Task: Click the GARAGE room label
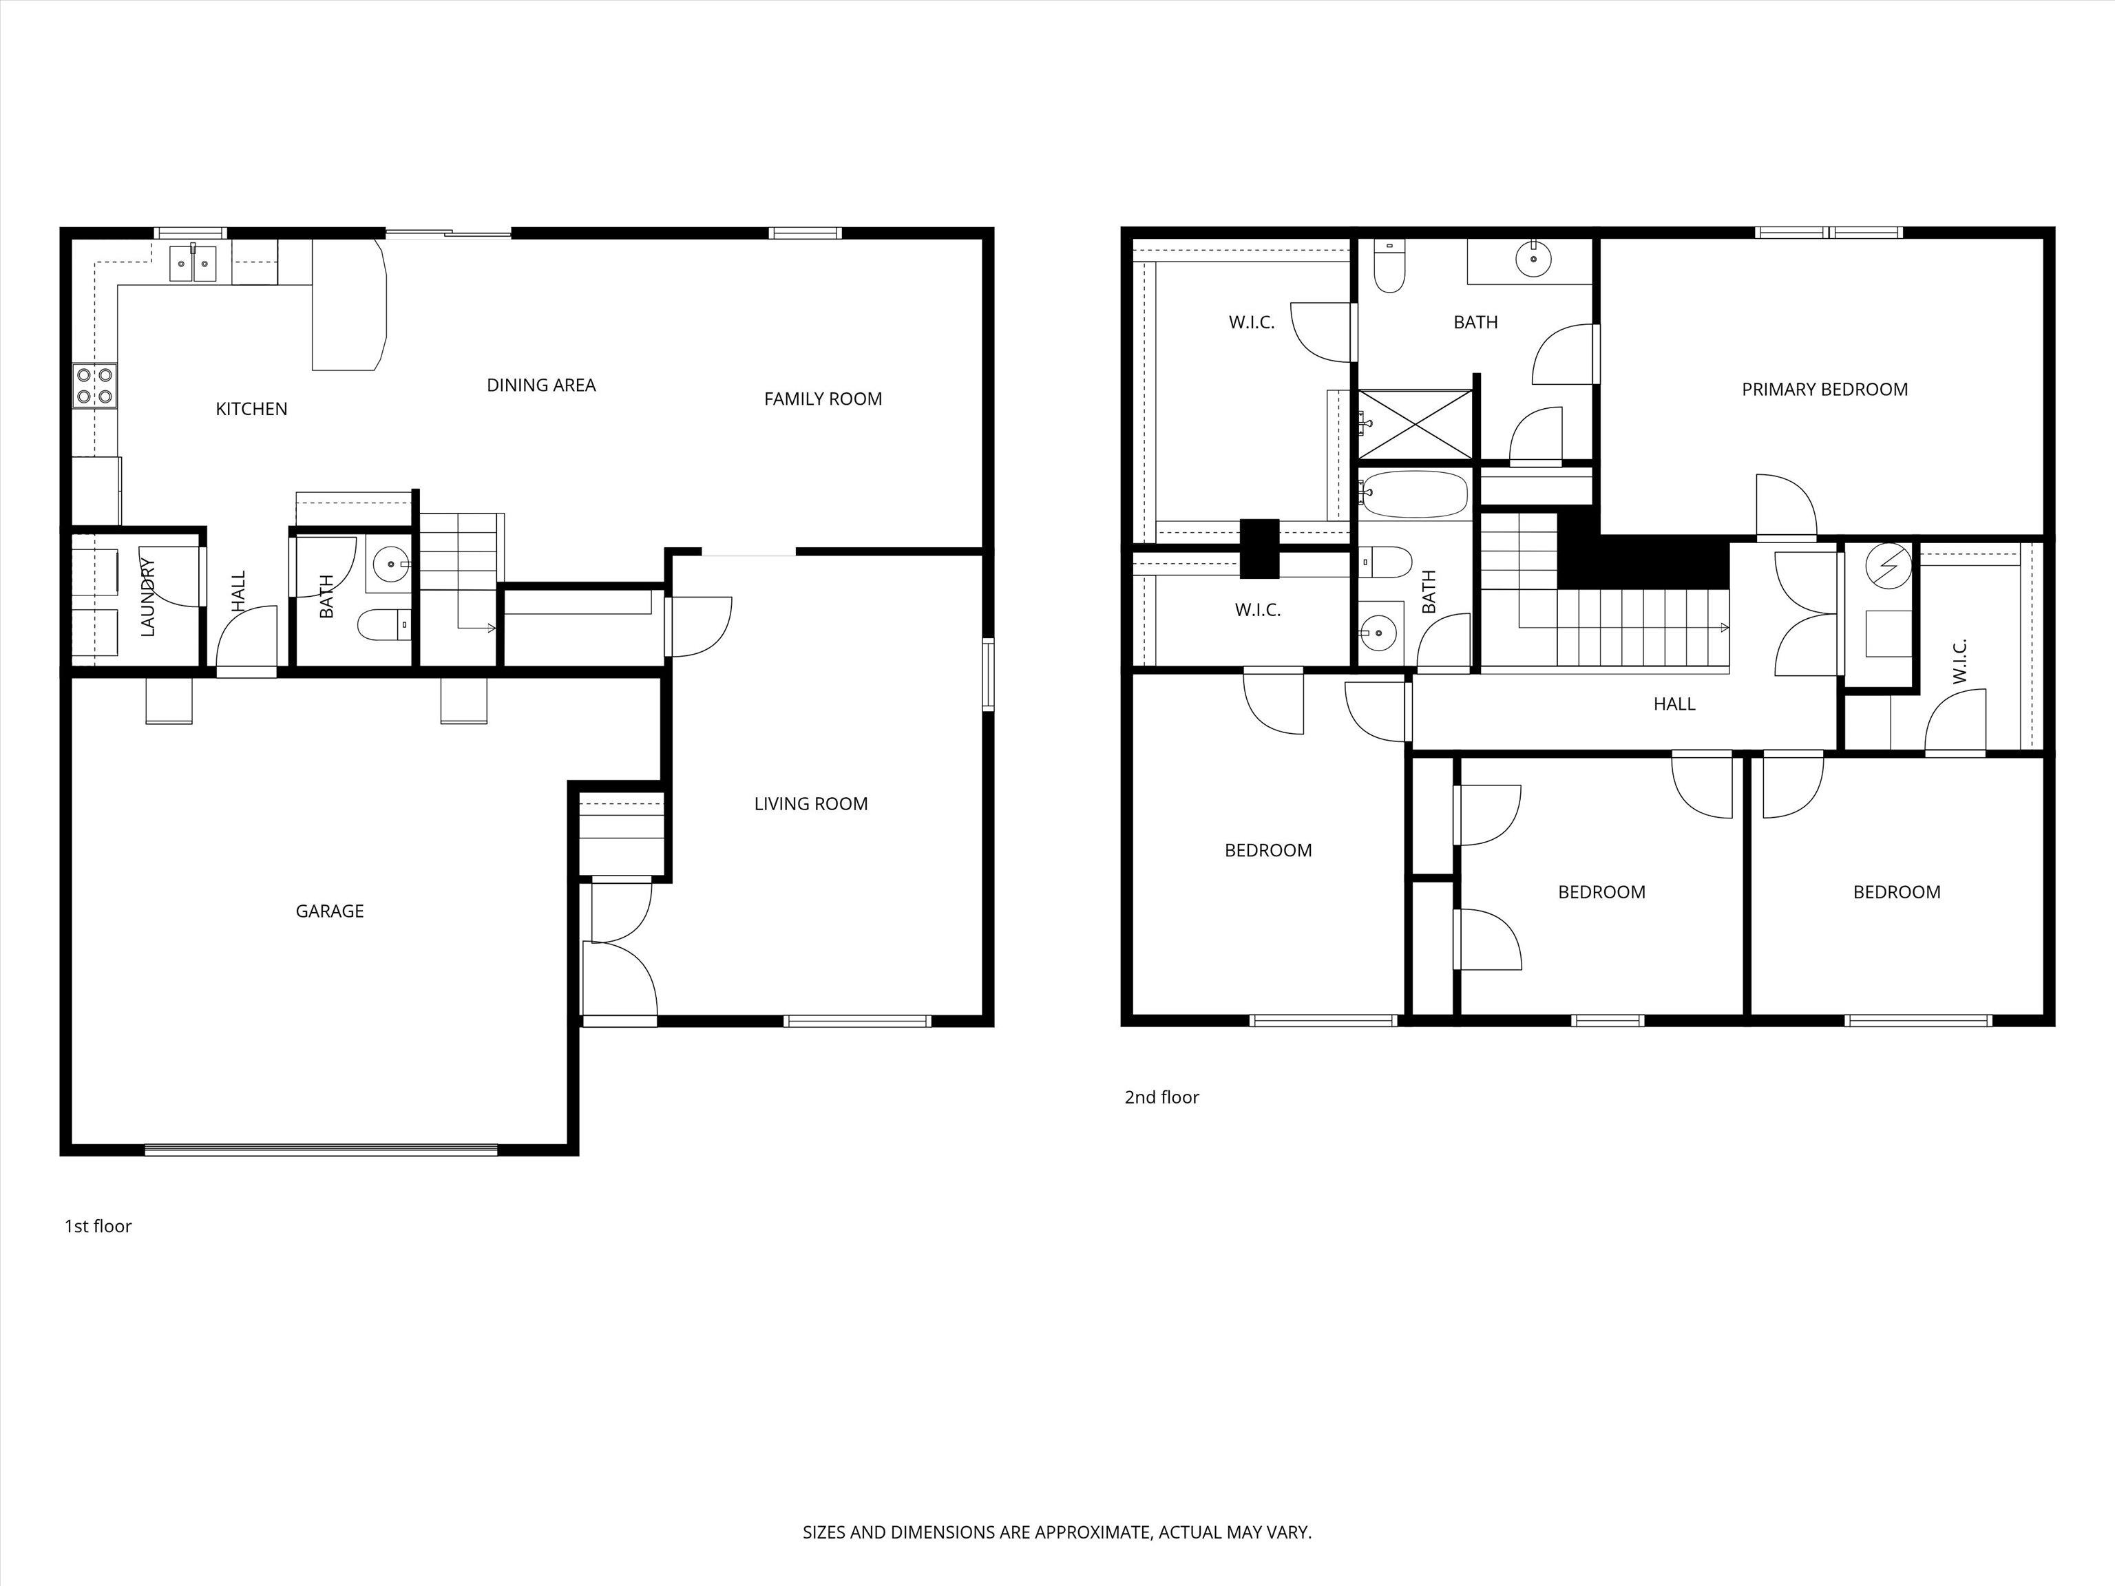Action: (x=329, y=911)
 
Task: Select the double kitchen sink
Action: (x=193, y=263)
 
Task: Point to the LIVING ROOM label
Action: (x=811, y=804)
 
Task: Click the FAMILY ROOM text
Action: (x=822, y=399)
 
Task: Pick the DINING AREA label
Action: (x=541, y=385)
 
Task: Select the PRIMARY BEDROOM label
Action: (x=1824, y=389)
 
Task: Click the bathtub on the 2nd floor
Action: (x=1414, y=494)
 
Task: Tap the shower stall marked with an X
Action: (x=1415, y=423)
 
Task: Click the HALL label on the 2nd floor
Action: (x=1674, y=704)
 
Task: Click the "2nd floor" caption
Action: (x=1161, y=1097)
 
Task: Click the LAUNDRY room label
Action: (x=147, y=598)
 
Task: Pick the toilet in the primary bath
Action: (x=1389, y=266)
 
